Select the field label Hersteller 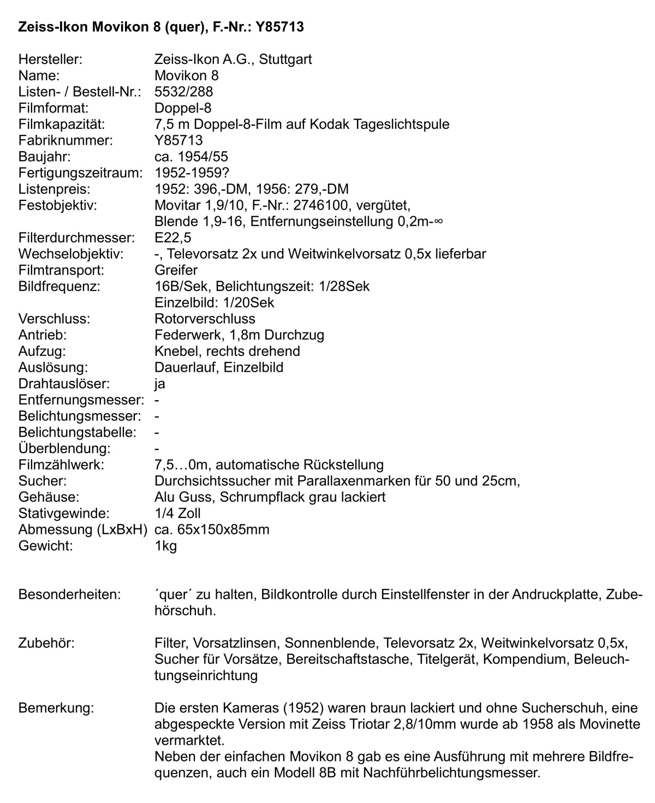50,59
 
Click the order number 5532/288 183,92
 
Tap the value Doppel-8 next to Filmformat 183,108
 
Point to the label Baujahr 45,157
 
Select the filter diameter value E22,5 173,238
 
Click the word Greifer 176,270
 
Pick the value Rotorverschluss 205,319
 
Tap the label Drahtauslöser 64,384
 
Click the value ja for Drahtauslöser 160,384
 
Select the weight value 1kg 166,545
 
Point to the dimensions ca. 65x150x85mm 212,530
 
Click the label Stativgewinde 64,513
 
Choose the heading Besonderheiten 69,594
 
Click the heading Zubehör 46,643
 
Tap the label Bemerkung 56,708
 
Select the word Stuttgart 285,59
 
